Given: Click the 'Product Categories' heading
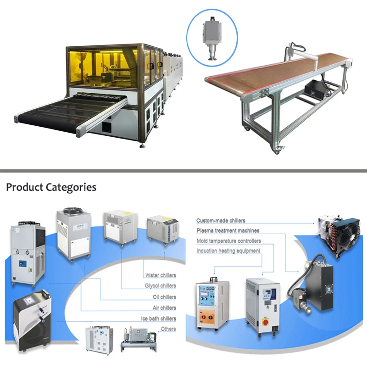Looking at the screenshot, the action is (51, 187).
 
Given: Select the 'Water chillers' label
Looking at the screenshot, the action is (161, 275).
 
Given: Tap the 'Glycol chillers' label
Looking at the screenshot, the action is (161, 285).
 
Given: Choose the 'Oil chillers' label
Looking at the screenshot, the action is (164, 297).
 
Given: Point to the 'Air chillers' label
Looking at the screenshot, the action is (164, 307).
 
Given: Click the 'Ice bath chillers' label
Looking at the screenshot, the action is (159, 319).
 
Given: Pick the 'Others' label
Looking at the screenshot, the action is (168, 329).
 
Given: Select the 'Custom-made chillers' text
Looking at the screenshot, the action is (221, 220).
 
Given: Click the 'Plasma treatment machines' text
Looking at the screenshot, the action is (228, 230).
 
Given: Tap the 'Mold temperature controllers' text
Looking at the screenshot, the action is (228, 241).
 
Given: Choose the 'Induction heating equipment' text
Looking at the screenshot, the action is (228, 251).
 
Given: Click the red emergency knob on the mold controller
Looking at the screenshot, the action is (266, 322).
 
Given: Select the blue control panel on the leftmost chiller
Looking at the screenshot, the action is (23, 263).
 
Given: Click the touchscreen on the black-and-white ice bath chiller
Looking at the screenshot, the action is (29, 301).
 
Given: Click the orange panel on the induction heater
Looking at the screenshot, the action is (207, 317).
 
